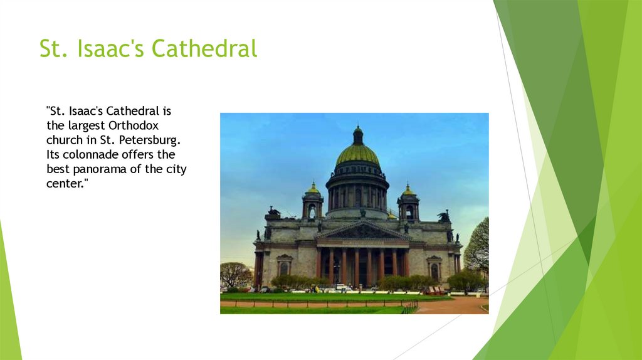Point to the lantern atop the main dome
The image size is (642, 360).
point(357,134)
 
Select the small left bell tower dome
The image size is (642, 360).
point(312,189)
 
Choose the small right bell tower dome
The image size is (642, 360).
point(408,190)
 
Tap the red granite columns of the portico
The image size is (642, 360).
point(355,265)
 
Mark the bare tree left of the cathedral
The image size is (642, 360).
point(235,274)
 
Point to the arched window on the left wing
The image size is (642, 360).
point(284,268)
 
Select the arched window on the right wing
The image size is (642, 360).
point(434,270)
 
